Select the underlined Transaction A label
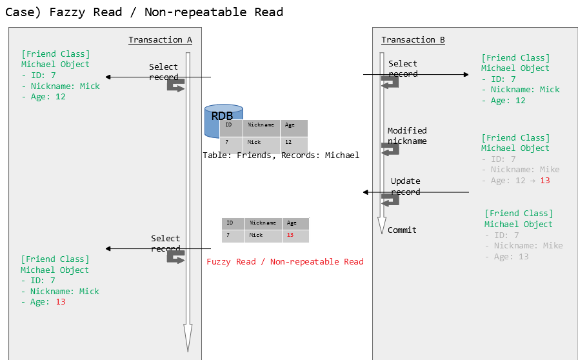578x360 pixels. click(160, 40)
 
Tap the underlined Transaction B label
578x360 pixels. click(413, 40)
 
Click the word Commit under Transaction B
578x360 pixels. click(402, 230)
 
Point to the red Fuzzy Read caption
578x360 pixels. click(284, 262)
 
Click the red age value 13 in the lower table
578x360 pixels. click(290, 235)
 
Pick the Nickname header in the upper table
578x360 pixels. click(261, 125)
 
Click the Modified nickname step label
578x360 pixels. click(407, 135)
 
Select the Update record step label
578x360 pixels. click(405, 186)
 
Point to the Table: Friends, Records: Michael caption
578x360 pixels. click(281, 155)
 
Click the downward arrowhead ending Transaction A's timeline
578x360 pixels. click(188, 336)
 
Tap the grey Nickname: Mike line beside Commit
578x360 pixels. click(528, 246)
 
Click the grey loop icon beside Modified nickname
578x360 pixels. click(390, 149)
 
